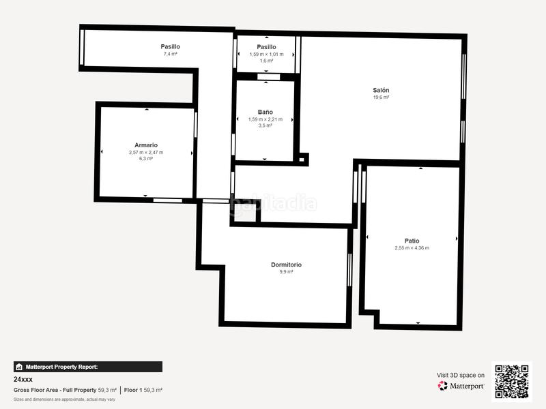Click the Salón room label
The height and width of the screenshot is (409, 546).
[x=381, y=90]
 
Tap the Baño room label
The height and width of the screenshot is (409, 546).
[x=265, y=112]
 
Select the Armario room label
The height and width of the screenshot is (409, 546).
[x=146, y=145]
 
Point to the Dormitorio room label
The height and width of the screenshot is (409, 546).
[x=286, y=264]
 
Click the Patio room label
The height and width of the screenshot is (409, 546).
[x=412, y=240]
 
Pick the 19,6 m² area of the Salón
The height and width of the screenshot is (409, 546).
[x=381, y=97]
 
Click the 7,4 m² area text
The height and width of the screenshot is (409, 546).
[x=170, y=53]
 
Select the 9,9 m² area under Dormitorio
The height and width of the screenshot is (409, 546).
[x=286, y=272]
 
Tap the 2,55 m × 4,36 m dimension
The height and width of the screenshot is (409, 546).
[x=412, y=247]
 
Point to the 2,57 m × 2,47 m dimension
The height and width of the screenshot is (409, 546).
[x=146, y=152]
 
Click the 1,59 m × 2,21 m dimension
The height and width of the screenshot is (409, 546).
[x=265, y=119]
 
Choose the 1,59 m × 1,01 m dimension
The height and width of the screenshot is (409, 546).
[x=266, y=53]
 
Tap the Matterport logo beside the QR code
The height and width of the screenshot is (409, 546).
[x=461, y=386]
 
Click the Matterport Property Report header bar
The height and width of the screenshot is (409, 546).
[x=88, y=367]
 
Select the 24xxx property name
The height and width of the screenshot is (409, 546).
[x=23, y=379]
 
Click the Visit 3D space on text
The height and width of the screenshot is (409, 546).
[x=461, y=375]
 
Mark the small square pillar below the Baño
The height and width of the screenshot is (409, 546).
[x=302, y=159]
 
